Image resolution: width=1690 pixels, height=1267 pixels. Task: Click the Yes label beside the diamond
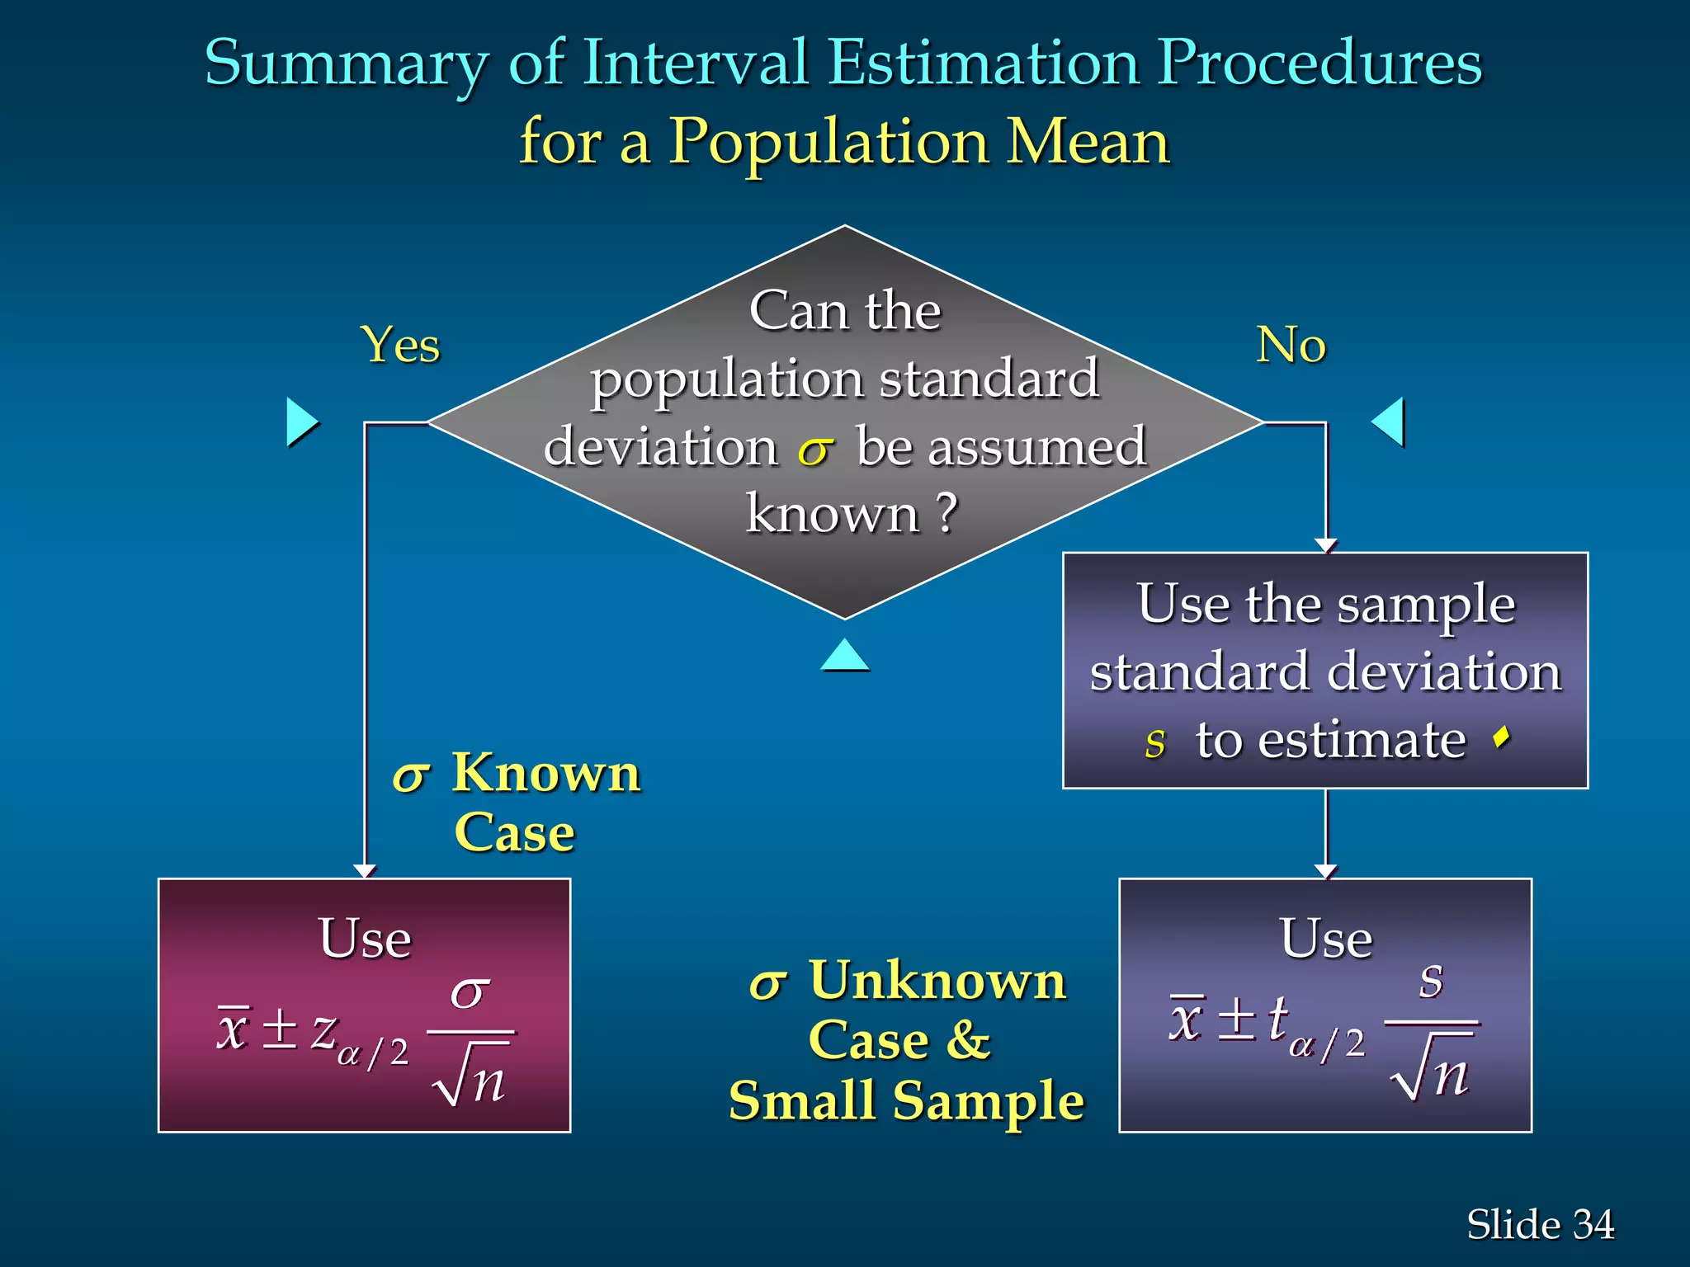[x=400, y=345]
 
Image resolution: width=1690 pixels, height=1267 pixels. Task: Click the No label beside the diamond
[x=1291, y=345]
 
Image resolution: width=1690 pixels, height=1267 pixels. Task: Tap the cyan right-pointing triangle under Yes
[x=301, y=422]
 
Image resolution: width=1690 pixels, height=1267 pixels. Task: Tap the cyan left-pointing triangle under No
[x=1389, y=422]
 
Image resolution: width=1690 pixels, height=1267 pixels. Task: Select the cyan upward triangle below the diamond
[x=845, y=656]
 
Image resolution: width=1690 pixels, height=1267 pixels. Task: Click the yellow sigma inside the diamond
[x=815, y=450]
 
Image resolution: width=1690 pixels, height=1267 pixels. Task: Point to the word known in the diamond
[x=832, y=514]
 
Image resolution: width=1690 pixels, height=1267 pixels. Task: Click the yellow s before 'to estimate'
[x=1155, y=742]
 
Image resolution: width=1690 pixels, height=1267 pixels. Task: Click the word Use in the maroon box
[x=365, y=939]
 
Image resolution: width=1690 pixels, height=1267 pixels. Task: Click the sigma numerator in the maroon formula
[x=470, y=992]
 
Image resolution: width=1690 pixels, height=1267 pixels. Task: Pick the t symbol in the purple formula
[x=1277, y=1018]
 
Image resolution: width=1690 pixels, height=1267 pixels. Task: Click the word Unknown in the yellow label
[x=938, y=982]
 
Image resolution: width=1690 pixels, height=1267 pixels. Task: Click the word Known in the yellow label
[x=546, y=774]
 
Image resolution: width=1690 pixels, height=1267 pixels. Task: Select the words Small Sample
[x=906, y=1101]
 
